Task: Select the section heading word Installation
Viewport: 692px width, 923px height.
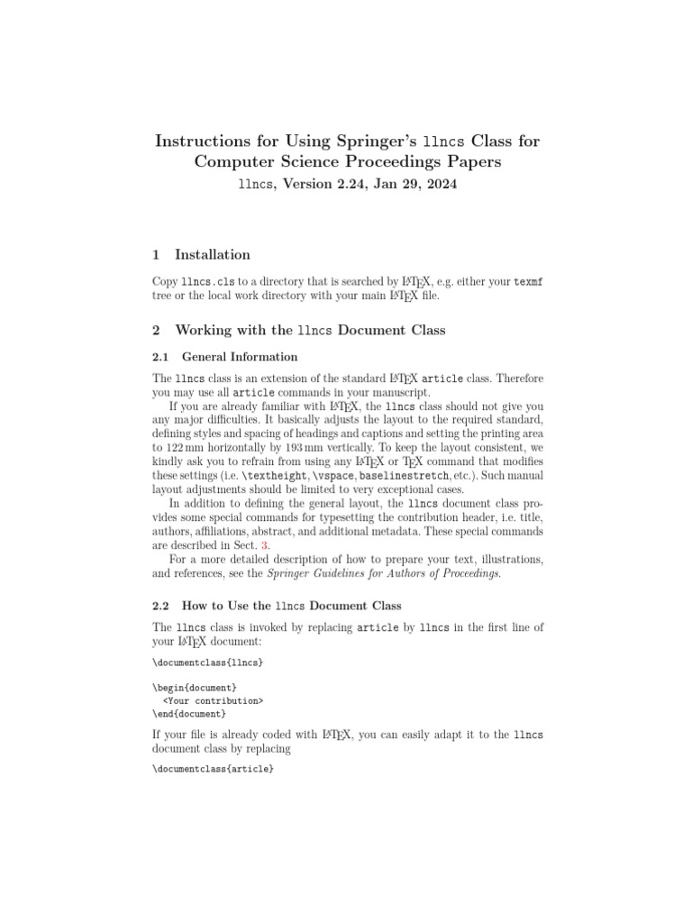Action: click(x=213, y=254)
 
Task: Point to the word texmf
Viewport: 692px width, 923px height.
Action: click(x=528, y=282)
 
